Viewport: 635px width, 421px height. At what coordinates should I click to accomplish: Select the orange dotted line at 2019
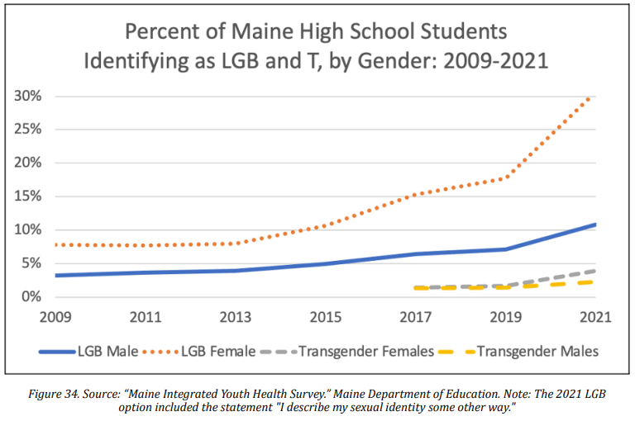(x=505, y=177)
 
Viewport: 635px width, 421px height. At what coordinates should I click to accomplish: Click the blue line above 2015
(x=325, y=264)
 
